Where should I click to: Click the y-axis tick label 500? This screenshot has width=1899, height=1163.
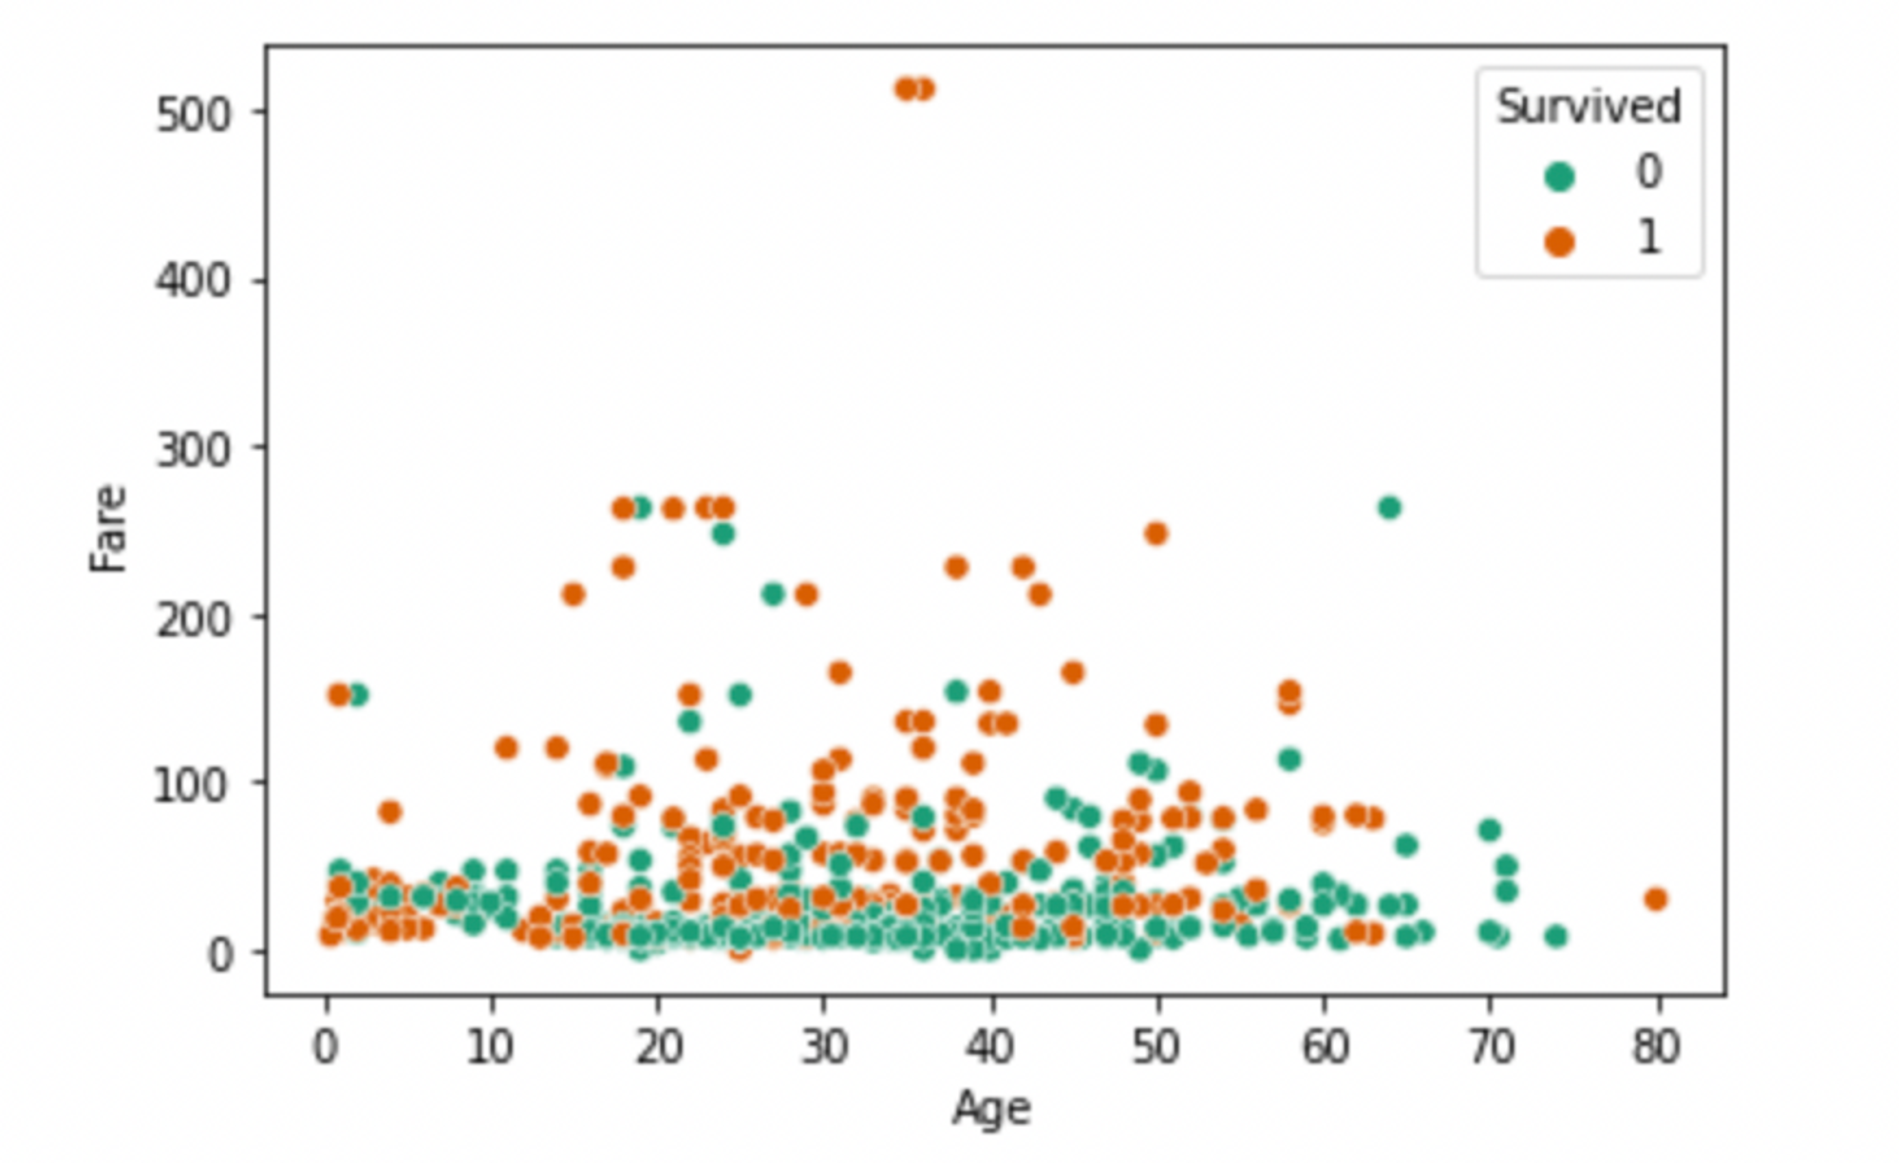tap(193, 114)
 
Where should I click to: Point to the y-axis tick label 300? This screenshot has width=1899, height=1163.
tap(193, 450)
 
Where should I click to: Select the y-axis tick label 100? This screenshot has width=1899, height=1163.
tap(193, 786)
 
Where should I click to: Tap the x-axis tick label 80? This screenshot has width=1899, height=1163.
tap(1657, 1047)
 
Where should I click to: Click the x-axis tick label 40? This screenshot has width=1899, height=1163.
tap(990, 1047)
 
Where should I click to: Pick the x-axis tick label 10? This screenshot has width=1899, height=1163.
tap(491, 1047)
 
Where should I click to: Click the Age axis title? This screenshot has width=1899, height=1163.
tap(991, 1108)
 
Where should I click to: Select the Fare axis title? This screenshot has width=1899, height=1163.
tap(109, 528)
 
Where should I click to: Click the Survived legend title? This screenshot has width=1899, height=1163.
tap(1589, 106)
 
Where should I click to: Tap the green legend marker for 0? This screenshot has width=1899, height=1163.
tap(1559, 176)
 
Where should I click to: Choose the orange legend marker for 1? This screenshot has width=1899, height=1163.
tap(1559, 241)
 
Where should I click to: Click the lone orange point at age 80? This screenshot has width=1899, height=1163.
tap(1656, 899)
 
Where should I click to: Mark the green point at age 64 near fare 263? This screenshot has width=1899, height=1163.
tap(1389, 508)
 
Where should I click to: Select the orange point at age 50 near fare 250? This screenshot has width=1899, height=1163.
tap(1156, 534)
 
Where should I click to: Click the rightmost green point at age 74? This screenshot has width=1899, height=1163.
tap(1555, 936)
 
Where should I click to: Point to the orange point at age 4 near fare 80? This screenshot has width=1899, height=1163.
tap(389, 812)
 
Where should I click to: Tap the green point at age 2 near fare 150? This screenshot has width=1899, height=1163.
tap(357, 695)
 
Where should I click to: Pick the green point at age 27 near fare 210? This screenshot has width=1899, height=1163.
tap(773, 594)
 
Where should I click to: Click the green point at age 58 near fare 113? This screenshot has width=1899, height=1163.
tap(1289, 760)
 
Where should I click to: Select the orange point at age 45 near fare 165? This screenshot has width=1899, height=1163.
tap(1073, 672)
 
